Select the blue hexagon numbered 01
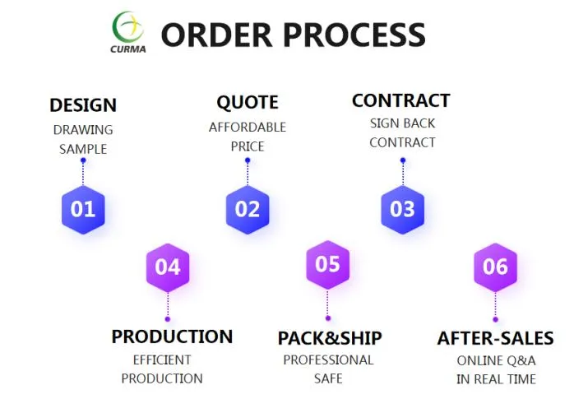point(83,209)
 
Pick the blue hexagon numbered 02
point(248,209)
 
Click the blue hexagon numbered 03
point(402,209)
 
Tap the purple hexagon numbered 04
point(168,267)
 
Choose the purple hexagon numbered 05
point(327,264)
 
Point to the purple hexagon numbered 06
point(495,267)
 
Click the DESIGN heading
point(83,105)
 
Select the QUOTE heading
point(248,103)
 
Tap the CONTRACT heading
point(401,100)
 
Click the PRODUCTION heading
point(172,336)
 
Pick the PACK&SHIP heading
point(330,338)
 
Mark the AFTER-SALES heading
point(495,338)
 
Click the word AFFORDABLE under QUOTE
point(248,128)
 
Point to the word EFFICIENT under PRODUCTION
point(162,360)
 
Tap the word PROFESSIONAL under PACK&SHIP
point(328,360)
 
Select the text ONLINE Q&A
point(496,360)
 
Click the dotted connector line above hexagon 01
point(83,173)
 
